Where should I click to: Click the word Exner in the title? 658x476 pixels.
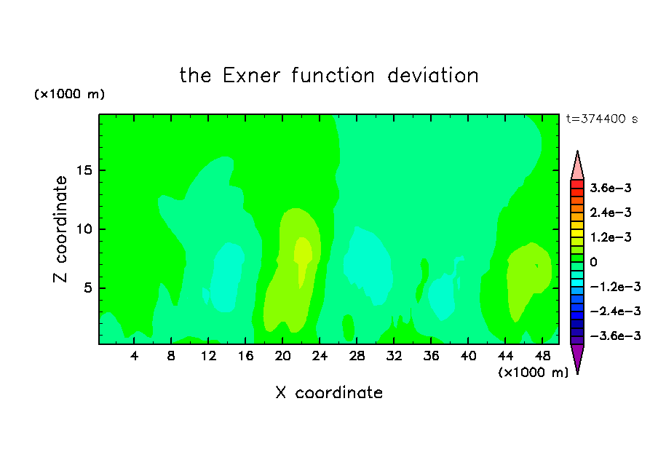tap(251, 76)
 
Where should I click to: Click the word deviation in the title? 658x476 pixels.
tap(433, 76)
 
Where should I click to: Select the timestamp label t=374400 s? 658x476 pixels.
tap(602, 119)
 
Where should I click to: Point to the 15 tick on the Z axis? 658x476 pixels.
tap(83, 170)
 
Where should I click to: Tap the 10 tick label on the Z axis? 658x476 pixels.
tap(83, 229)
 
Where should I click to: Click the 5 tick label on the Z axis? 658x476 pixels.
tap(87, 288)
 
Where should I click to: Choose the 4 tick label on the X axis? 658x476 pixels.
tap(134, 357)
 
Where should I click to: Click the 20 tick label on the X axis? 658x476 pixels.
tap(282, 357)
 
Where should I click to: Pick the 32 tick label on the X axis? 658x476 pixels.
tap(394, 357)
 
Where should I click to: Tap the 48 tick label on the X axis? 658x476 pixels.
tap(542, 357)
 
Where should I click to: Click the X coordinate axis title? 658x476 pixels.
tap(329, 393)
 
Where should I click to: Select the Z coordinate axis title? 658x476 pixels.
tap(60, 229)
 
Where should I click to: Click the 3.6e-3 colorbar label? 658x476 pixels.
tap(611, 188)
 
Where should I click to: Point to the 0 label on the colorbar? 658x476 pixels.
tap(593, 262)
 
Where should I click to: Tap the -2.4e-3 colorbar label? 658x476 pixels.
tap(615, 312)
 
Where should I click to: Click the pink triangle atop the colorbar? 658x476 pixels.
tap(577, 168)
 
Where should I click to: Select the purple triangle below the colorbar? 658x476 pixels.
tap(577, 357)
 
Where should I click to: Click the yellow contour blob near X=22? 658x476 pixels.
tap(303, 256)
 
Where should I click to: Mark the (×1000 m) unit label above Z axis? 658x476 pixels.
tap(69, 94)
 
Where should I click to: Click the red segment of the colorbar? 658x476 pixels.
tap(577, 184)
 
